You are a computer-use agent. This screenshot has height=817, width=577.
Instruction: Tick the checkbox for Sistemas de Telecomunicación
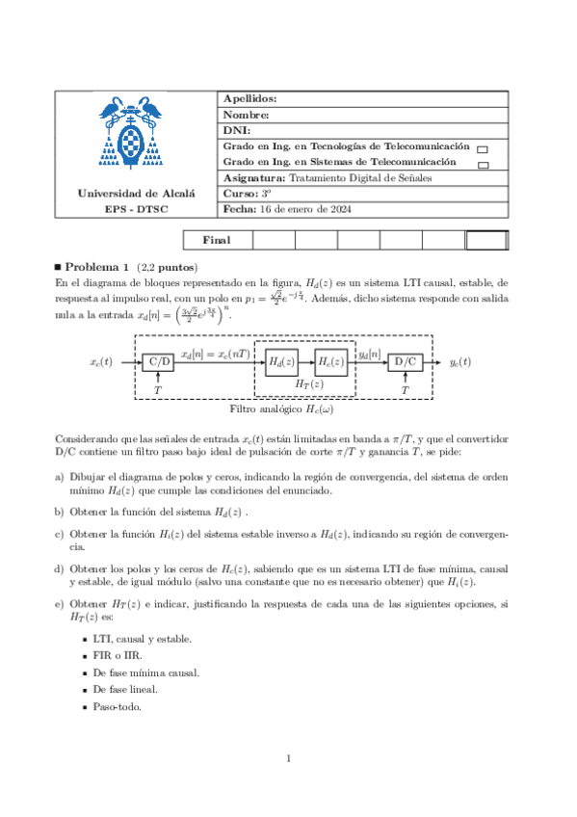coord(482,165)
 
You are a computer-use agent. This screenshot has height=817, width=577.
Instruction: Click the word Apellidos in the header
coord(249,99)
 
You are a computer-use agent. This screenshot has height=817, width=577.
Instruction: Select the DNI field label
coord(236,129)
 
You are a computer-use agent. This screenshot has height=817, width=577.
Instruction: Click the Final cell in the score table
coord(216,240)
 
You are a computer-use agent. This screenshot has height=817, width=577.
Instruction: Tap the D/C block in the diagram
coord(405,362)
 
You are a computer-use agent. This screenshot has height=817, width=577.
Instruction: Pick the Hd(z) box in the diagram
coord(281,362)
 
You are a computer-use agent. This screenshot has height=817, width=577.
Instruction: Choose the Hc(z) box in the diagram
coord(330,362)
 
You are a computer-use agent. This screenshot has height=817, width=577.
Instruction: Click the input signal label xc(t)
coord(101,362)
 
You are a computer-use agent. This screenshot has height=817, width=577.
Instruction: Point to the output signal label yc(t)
coord(460,362)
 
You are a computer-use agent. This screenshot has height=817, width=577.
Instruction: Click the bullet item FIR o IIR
coord(118,655)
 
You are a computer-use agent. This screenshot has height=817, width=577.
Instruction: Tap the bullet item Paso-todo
coord(118,706)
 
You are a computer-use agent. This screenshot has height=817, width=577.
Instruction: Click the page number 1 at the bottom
coord(288,760)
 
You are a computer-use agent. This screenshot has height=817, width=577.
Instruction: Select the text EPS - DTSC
coord(136,209)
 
